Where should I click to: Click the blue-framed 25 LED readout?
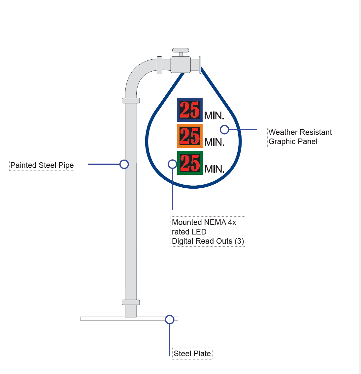190,110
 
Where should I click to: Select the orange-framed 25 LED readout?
190,136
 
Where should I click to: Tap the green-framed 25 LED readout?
190,163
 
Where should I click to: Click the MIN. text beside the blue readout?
214,116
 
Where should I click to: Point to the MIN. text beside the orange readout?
214,142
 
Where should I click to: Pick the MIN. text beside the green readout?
214,169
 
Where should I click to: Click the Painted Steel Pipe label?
42,165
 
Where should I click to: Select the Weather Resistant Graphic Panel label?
300,137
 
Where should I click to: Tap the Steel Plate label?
192,354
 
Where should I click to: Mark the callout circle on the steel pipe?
124,164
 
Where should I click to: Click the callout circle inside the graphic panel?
224,130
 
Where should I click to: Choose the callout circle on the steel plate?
170,319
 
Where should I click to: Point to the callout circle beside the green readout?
173,164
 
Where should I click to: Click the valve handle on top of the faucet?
180,50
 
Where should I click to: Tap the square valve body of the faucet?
180,65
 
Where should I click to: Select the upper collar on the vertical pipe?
131,101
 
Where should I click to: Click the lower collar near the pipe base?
131,302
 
